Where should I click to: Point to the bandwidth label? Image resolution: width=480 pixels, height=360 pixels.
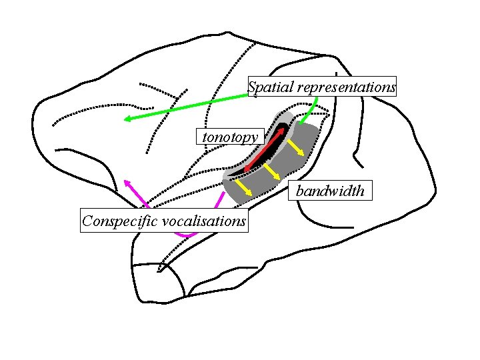[331, 191]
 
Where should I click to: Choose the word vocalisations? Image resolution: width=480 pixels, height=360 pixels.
[205, 221]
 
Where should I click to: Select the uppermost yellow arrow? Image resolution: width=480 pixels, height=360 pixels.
[297, 147]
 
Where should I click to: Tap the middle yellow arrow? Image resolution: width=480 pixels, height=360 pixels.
[270, 172]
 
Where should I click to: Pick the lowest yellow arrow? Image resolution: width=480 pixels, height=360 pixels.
[243, 189]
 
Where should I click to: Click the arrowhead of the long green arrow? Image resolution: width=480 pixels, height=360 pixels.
[126, 120]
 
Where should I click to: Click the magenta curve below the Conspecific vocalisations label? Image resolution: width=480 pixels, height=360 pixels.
[186, 235]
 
